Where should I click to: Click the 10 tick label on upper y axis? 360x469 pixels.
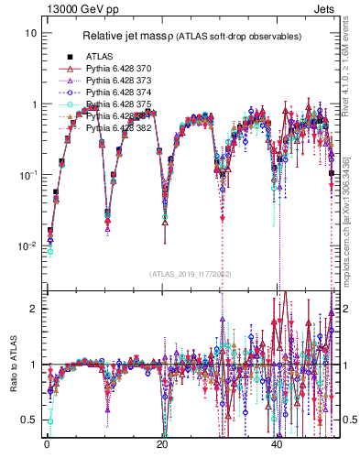point(30,33)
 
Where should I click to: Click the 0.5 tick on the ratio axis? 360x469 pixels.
point(28,420)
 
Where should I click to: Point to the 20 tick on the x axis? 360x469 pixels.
point(162,443)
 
